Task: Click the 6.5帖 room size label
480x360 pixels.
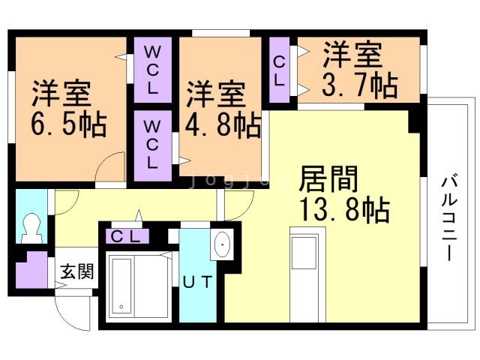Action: click(x=69, y=124)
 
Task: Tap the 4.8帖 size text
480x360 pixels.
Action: click(x=223, y=124)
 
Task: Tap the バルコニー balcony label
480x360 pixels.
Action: click(x=449, y=218)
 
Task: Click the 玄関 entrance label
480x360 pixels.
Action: click(x=76, y=271)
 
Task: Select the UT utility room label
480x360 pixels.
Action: click(x=197, y=282)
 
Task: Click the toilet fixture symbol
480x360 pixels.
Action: click(x=31, y=228)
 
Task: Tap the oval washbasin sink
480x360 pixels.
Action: click(x=222, y=244)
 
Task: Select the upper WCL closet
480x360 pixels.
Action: click(x=152, y=70)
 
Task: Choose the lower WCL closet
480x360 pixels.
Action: click(x=152, y=145)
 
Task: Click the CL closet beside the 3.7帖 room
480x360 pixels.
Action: click(x=279, y=70)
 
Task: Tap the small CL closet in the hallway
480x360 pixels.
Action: click(x=127, y=236)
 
